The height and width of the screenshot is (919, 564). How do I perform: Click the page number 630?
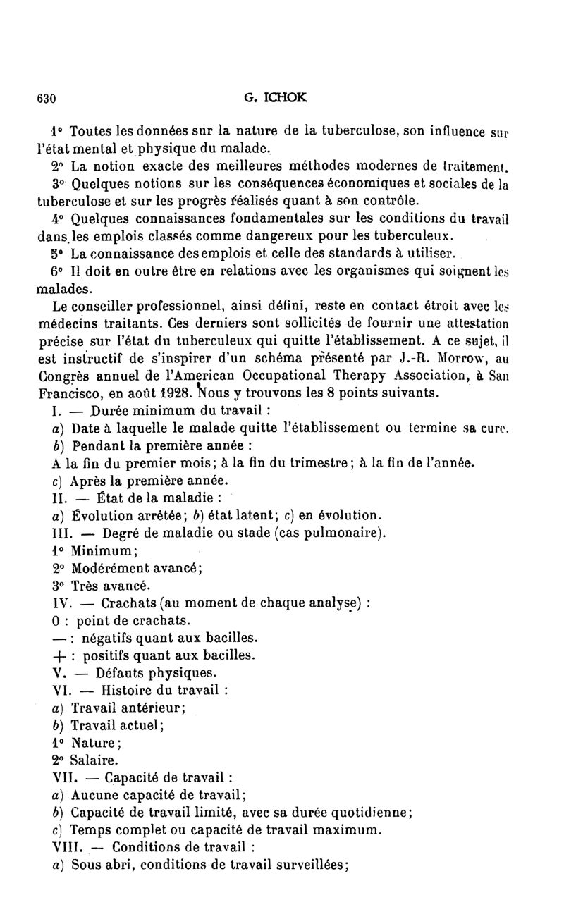pos(46,98)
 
